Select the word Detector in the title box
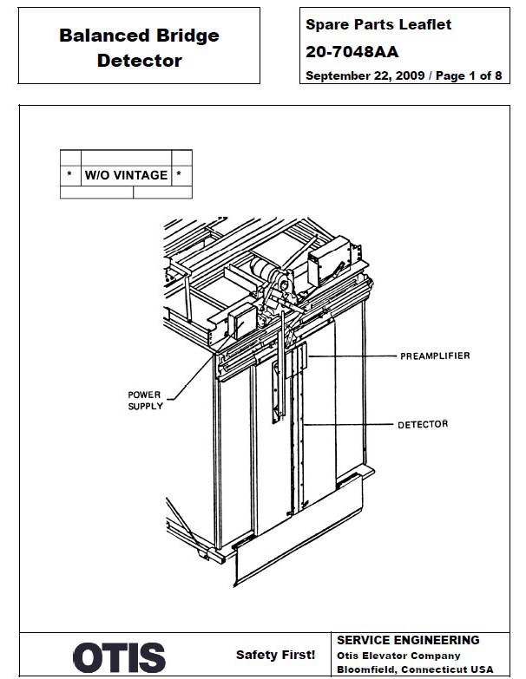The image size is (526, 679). [139, 61]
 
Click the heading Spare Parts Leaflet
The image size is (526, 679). [378, 25]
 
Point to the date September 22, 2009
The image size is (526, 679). [365, 76]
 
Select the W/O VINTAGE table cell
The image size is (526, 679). [126, 175]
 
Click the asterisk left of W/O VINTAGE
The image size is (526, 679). [69, 175]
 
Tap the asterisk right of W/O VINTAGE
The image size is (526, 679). [179, 175]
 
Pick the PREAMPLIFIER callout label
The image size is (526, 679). [435, 356]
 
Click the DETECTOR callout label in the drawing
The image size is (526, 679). [423, 424]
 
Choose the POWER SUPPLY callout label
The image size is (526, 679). [145, 401]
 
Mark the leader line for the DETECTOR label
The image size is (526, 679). [347, 424]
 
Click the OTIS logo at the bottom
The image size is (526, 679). [119, 657]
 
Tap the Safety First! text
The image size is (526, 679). [275, 656]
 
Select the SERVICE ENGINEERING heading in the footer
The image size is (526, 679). [407, 641]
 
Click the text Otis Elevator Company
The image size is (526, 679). [398, 656]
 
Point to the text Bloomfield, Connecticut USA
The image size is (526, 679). [414, 670]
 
